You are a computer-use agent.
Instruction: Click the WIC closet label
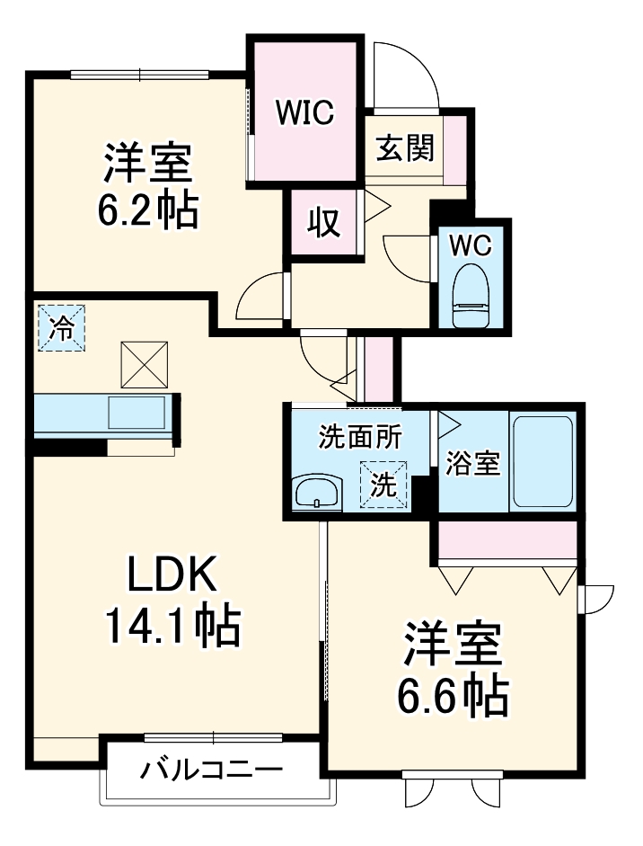(305, 112)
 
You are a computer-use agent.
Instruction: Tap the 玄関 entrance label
(405, 147)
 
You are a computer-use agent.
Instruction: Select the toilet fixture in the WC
(471, 298)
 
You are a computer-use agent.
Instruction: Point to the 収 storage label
(325, 222)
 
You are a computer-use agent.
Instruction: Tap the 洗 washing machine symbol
(383, 485)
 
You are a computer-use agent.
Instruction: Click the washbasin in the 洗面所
(316, 493)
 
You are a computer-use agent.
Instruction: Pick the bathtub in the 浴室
(542, 462)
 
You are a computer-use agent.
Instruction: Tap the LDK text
(171, 573)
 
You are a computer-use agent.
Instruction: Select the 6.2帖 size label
(148, 210)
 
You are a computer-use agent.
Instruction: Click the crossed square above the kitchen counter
(144, 363)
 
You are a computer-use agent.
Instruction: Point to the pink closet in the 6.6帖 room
(506, 542)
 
